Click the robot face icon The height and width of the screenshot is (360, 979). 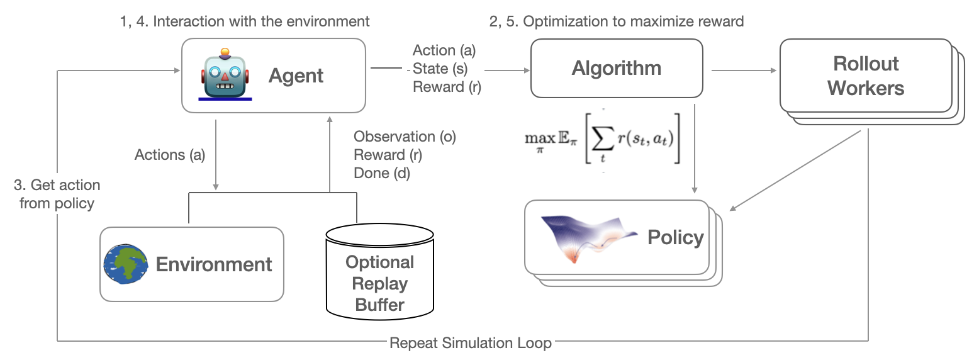tap(225, 75)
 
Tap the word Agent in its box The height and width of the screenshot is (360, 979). tap(296, 76)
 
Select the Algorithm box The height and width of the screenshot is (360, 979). tap(617, 68)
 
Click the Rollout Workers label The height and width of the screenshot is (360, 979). tap(866, 76)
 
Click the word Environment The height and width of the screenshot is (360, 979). tap(214, 264)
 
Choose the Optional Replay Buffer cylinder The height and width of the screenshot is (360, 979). tap(379, 274)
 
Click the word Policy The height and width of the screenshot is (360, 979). tap(675, 237)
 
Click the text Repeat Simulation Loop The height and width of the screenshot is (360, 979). tap(471, 343)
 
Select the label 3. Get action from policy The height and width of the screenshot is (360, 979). tap(57, 194)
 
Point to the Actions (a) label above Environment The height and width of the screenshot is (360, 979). tap(170, 155)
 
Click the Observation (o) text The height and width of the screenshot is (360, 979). tap(405, 137)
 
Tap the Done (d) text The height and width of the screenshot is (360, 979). tap(382, 173)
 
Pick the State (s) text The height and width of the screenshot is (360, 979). tap(440, 69)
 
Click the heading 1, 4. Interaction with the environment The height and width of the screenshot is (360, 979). tap(245, 21)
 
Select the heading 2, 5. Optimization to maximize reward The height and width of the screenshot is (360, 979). tap(617, 21)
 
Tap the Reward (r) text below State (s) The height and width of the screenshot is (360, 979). tap(447, 87)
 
